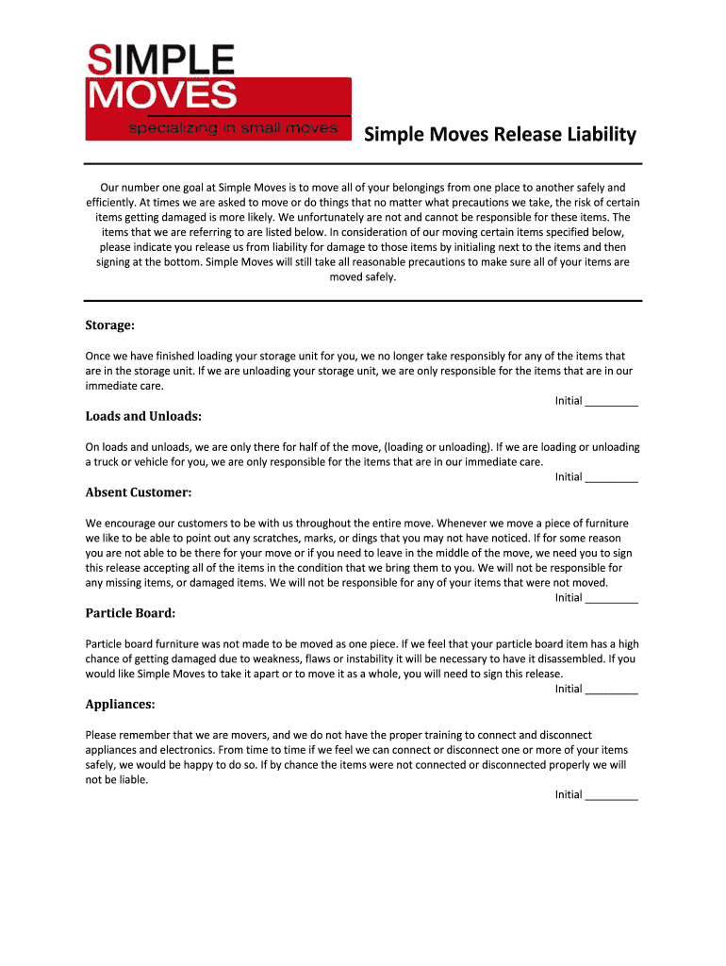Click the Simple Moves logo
coord(218,92)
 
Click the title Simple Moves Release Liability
coord(500,135)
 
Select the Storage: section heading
coord(110,325)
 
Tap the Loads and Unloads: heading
coord(143,416)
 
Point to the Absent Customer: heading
coord(139,492)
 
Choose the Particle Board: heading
coord(131,613)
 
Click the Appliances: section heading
coord(121,704)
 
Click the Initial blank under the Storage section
coord(611,402)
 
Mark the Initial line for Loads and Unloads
coord(611,477)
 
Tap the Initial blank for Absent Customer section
coord(611,598)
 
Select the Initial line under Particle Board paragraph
coord(611,690)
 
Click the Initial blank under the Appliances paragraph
coord(611,795)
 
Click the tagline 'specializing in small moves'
coord(232,128)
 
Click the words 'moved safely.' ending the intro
coord(363,277)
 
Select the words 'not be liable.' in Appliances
coord(117,780)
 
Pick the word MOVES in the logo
coord(161,95)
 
